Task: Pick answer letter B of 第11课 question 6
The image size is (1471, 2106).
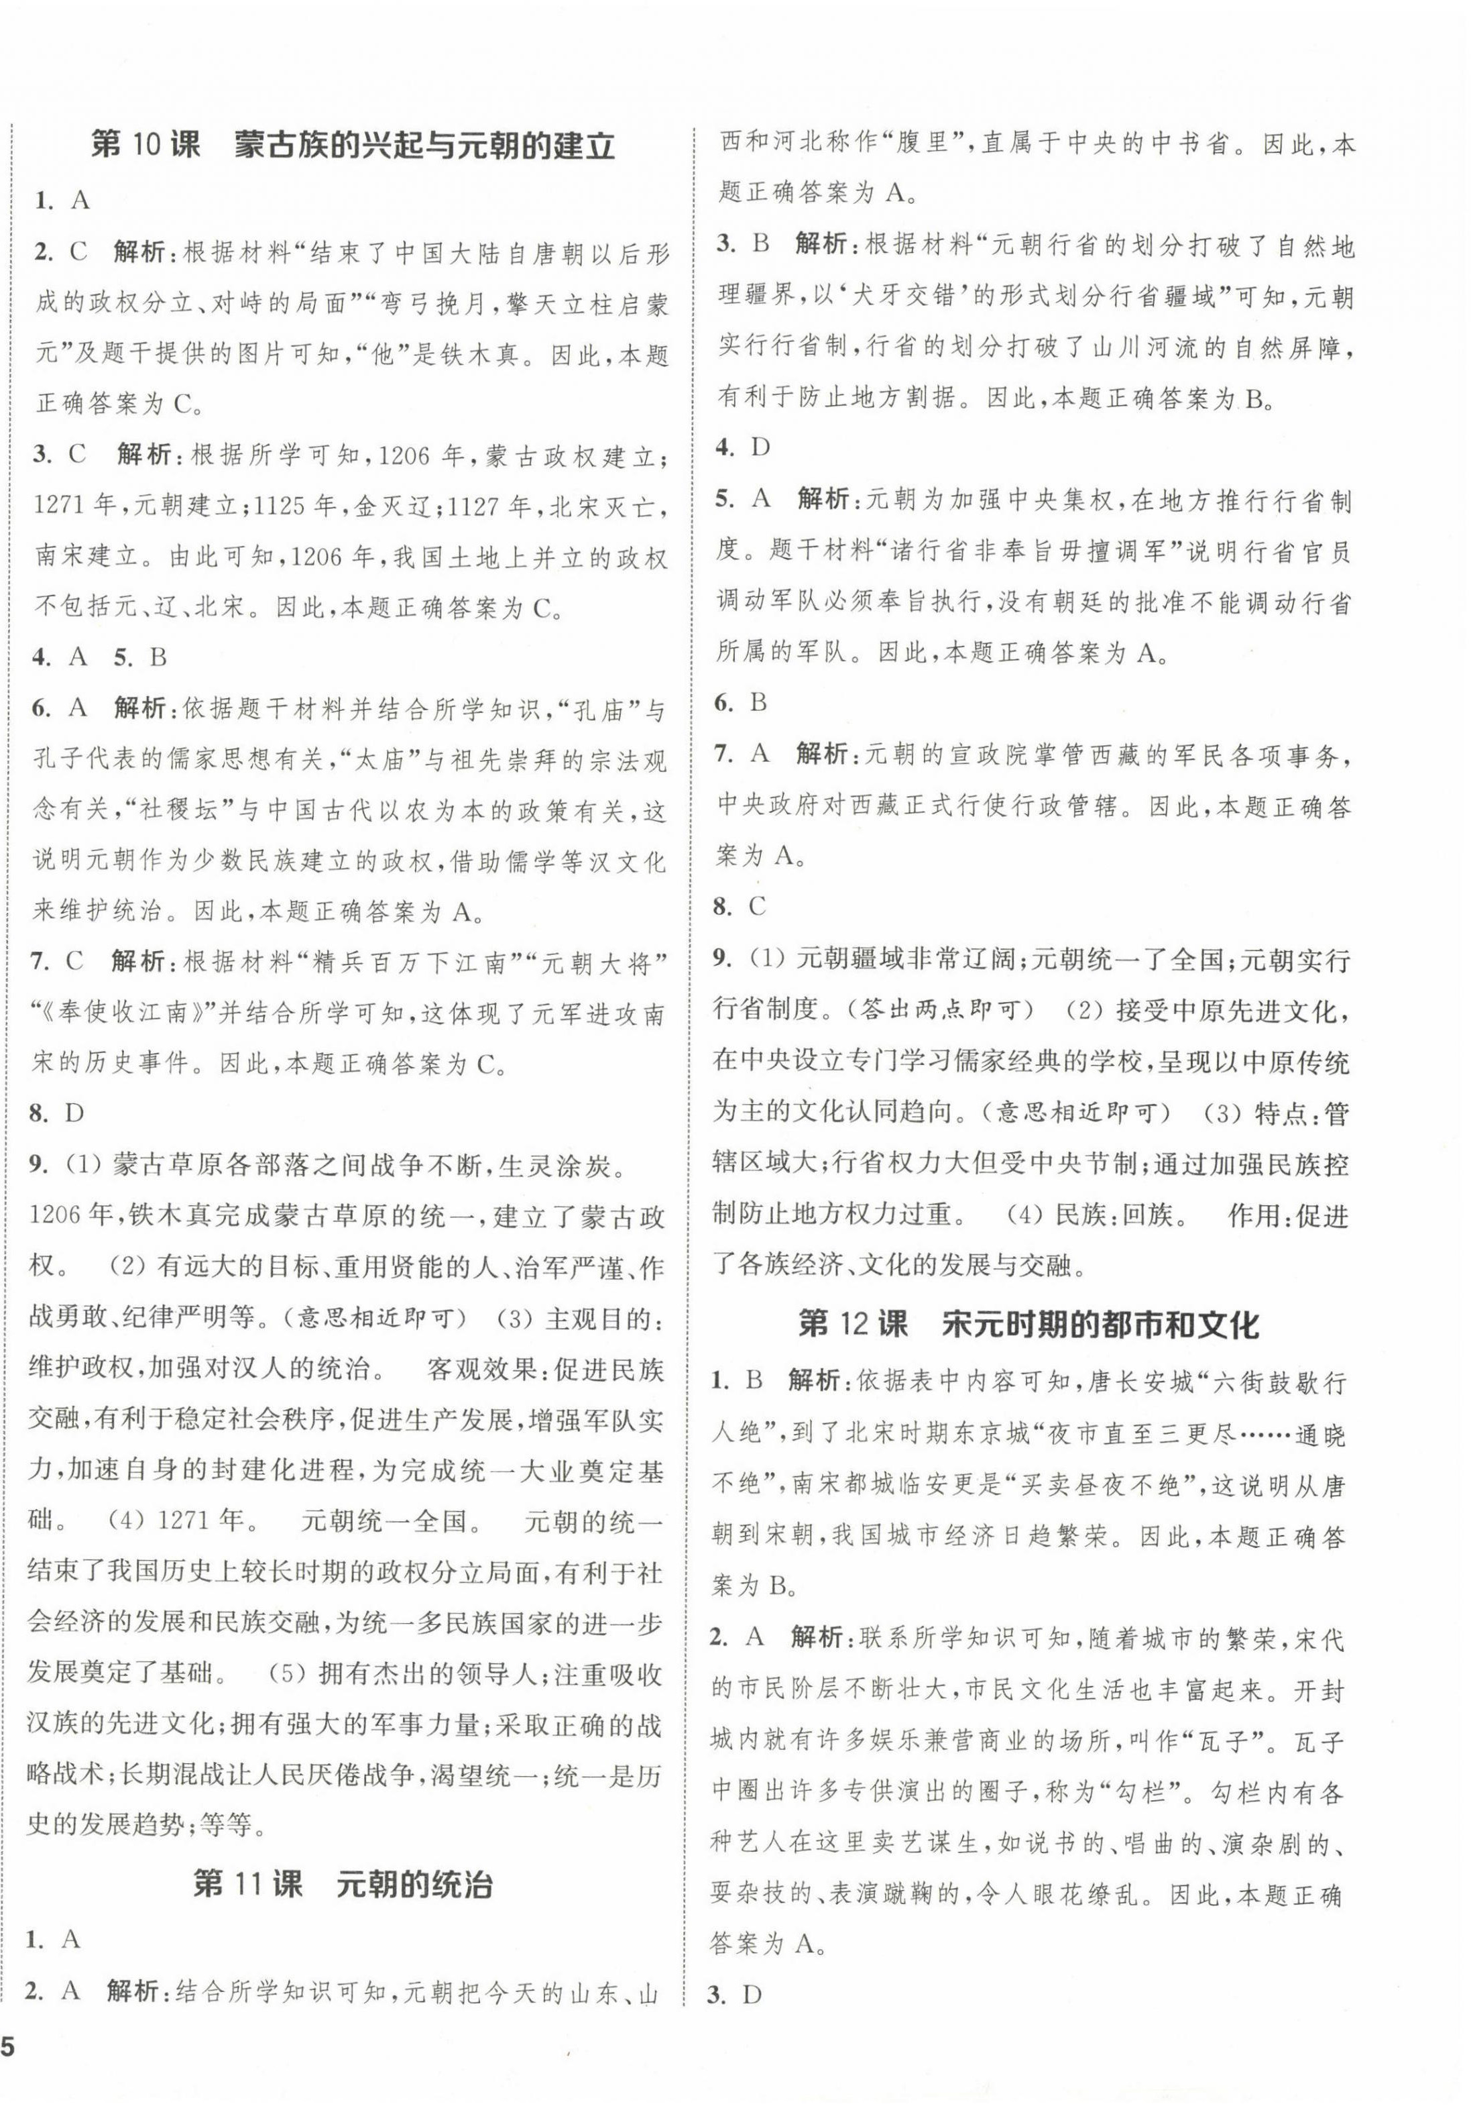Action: [758, 704]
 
